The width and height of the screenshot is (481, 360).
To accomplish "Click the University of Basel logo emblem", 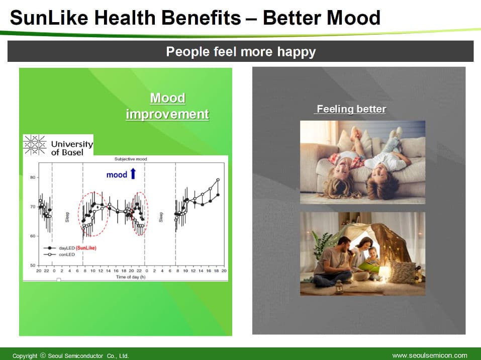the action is click(x=35, y=144).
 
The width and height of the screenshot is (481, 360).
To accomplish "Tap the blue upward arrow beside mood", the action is click(x=133, y=173).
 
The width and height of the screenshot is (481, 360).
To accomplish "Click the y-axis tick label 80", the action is click(x=33, y=177).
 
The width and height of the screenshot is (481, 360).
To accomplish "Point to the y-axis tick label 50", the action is click(x=33, y=265).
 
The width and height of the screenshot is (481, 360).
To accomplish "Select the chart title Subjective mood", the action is click(x=131, y=159).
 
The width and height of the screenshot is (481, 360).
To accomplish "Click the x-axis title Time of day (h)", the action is click(x=131, y=277).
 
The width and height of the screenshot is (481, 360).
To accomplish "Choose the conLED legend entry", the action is click(x=59, y=254).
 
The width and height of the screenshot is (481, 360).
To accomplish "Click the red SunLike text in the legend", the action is click(x=86, y=248).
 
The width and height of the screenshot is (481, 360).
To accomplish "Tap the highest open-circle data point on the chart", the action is click(x=218, y=180).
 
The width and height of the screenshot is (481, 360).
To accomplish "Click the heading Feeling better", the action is click(x=351, y=109).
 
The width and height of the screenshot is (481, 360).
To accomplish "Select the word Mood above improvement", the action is click(x=167, y=98).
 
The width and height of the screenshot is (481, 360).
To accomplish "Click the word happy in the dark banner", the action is click(x=297, y=52).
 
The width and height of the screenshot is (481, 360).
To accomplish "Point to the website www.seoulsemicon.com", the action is click(x=430, y=355).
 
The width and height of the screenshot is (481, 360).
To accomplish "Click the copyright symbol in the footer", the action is click(x=43, y=355).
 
